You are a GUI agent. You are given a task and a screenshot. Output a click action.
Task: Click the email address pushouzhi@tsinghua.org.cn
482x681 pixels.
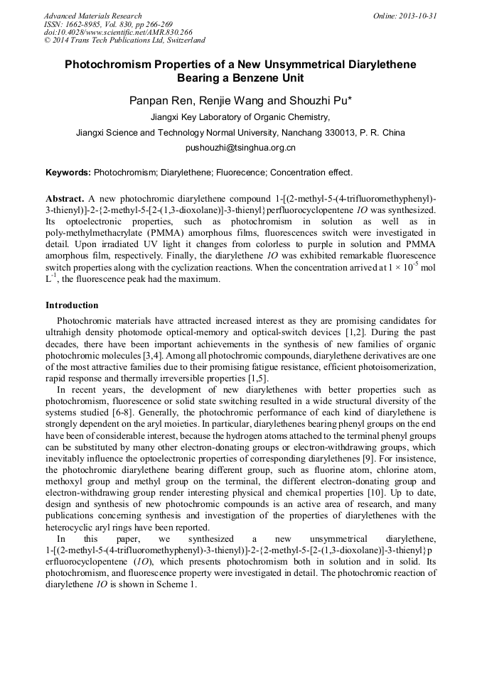[240, 148]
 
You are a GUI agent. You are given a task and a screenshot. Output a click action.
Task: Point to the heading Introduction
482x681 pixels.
[72, 305]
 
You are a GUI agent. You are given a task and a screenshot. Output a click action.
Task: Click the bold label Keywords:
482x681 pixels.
[68, 172]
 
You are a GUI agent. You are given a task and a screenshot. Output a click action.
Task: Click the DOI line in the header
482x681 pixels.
[118, 32]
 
